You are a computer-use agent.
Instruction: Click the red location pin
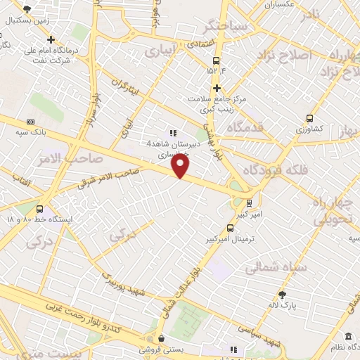pyautogui.click(x=181, y=166)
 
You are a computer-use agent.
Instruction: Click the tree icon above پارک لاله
pyautogui.click(x=282, y=294)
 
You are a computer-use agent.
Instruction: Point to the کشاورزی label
pyautogui.click(x=309, y=129)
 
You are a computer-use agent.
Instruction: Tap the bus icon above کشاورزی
pyautogui.click(x=309, y=118)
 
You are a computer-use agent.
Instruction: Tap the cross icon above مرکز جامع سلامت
pyautogui.click(x=217, y=88)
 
